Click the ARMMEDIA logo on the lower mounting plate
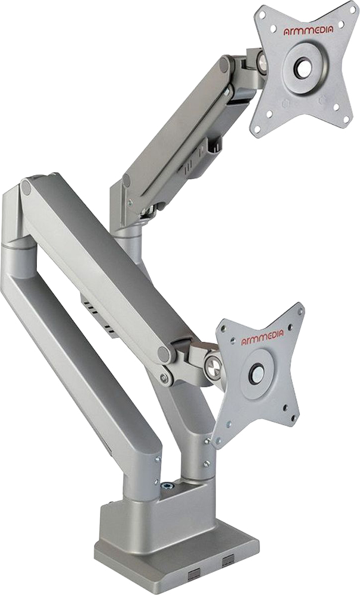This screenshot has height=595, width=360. [262, 337]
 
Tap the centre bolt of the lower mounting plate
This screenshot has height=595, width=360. [256, 374]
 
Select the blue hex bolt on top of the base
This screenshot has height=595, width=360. [165, 486]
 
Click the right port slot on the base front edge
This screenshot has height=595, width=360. [228, 559]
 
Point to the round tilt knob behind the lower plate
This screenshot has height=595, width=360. [213, 366]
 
